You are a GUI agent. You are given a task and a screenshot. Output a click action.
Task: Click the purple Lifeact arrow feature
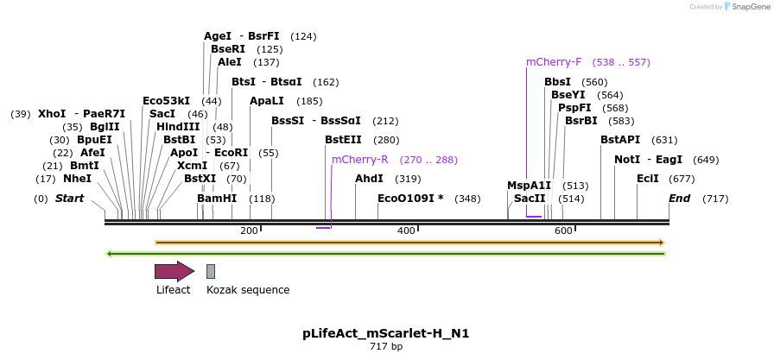click(174, 271)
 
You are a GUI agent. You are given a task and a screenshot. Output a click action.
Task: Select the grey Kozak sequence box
click(211, 271)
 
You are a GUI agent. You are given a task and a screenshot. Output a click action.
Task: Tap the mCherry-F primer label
click(554, 62)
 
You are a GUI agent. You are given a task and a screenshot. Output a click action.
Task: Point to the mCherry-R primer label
click(360, 160)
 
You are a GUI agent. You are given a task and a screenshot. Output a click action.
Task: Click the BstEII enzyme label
click(343, 140)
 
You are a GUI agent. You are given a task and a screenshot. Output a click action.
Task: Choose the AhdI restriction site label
click(369, 179)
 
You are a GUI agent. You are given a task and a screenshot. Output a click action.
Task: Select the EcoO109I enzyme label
click(410, 199)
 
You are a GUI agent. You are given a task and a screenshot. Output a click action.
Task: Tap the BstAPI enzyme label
click(620, 140)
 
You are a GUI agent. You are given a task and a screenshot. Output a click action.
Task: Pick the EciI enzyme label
click(647, 179)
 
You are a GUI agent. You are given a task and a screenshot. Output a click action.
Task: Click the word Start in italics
click(69, 199)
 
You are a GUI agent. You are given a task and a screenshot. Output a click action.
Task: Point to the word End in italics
click(679, 199)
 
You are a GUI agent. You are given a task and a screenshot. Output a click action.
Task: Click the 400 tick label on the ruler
click(406, 231)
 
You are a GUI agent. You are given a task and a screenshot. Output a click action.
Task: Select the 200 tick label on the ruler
click(249, 231)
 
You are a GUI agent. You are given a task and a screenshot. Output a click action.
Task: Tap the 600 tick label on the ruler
click(563, 231)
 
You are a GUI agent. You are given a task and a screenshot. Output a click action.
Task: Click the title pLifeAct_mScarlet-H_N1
click(386, 332)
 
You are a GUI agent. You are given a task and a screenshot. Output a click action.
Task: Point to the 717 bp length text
click(386, 346)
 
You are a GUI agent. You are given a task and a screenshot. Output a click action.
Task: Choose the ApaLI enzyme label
click(267, 101)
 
